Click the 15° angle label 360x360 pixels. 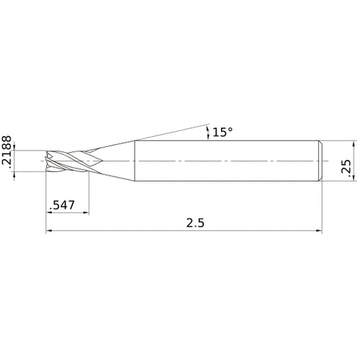[222, 132]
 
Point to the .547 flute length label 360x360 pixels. [62, 205]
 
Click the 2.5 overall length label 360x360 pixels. [195, 223]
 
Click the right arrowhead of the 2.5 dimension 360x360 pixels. [319, 231]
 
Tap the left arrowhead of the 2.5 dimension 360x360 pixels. [49, 231]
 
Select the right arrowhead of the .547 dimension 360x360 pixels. [86, 212]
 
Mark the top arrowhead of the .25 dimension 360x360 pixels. [354, 144]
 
